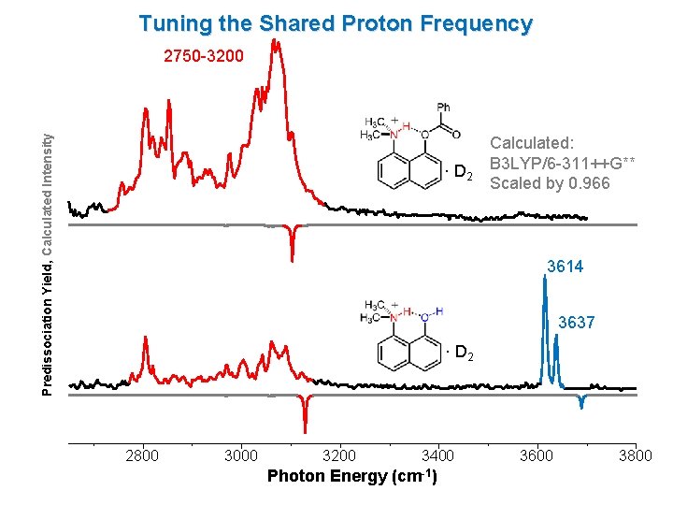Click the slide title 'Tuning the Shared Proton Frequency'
pos(336,23)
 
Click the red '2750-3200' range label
pos(204,56)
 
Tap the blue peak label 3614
pos(565,267)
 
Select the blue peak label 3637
pos(576,323)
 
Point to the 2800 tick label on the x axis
pos(142,455)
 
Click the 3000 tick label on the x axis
pos(241,455)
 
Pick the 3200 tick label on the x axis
pos(339,455)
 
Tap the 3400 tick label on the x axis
pos(437,455)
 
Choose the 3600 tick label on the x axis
pos(537,455)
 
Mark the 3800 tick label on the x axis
pos(635,455)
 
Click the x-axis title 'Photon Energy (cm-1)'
pos(351,477)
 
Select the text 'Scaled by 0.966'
pos(550,183)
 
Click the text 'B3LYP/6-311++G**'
pos(557,164)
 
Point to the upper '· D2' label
pos(461,176)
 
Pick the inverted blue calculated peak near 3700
pos(581,403)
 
